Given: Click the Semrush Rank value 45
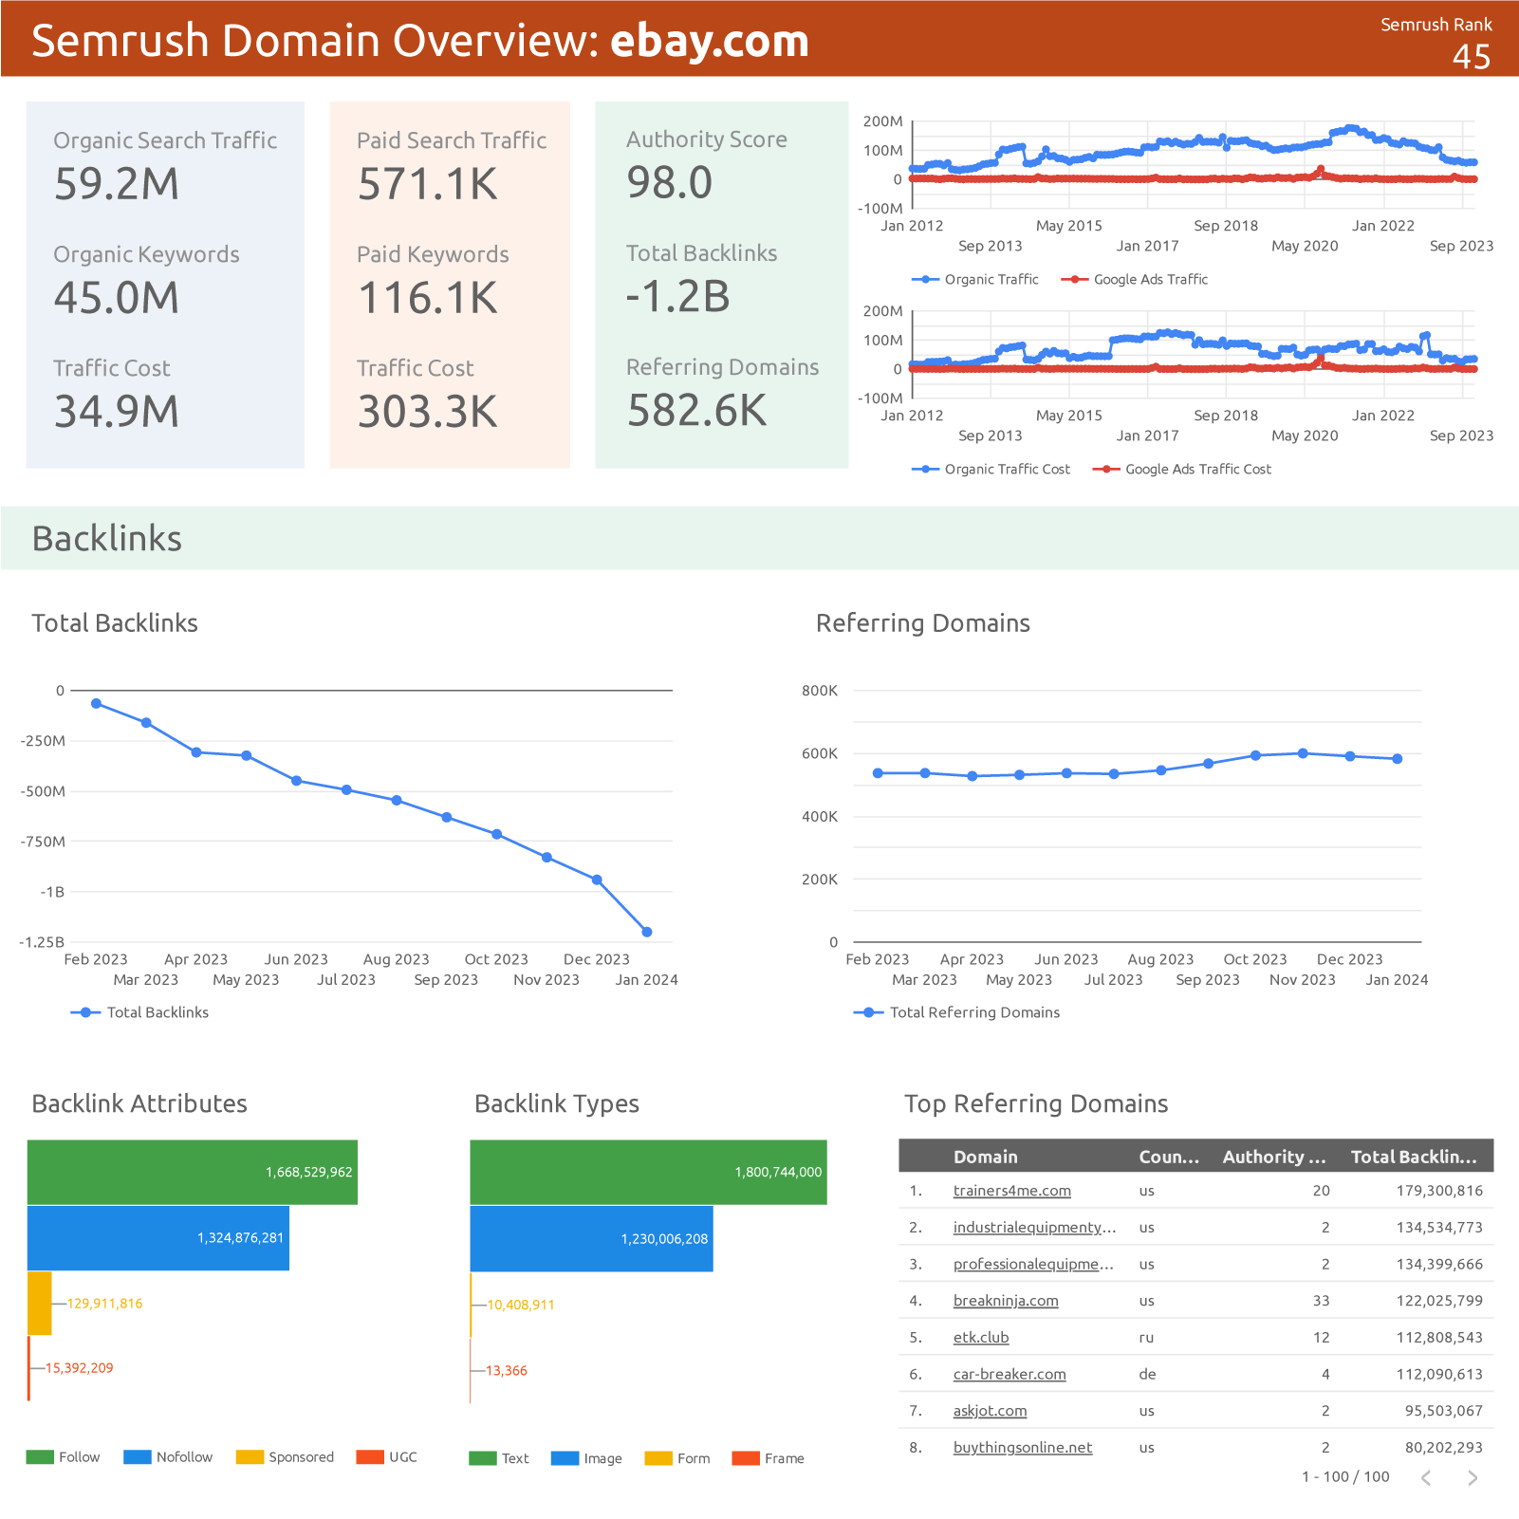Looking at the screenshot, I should click(x=1471, y=57).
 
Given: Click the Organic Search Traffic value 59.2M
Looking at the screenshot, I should click(x=117, y=184).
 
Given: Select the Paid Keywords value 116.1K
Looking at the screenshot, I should click(x=427, y=298).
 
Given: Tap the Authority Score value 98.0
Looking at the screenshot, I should click(x=669, y=182).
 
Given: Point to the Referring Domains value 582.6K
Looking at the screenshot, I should click(x=696, y=411).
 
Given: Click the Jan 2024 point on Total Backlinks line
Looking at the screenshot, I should click(x=647, y=932).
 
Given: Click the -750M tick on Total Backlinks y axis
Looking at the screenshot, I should click(x=43, y=842).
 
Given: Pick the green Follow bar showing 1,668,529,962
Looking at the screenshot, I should click(x=192, y=1172).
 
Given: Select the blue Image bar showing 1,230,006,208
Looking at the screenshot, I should click(x=591, y=1238).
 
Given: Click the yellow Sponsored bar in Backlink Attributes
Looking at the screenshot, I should click(x=40, y=1303).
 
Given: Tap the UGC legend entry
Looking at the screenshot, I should click(x=387, y=1457).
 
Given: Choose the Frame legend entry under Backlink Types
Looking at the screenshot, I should click(x=769, y=1458).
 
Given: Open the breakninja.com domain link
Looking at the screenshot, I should click(x=1005, y=1301).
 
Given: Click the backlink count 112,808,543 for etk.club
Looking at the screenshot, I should click(x=1438, y=1338).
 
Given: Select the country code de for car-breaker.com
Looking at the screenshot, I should click(x=1146, y=1374).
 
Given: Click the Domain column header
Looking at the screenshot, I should click(x=985, y=1157).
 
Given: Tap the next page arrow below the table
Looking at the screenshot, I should click(x=1472, y=1477).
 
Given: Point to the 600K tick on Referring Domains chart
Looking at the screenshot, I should click(x=820, y=753).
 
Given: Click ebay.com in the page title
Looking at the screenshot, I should click(x=709, y=41).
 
